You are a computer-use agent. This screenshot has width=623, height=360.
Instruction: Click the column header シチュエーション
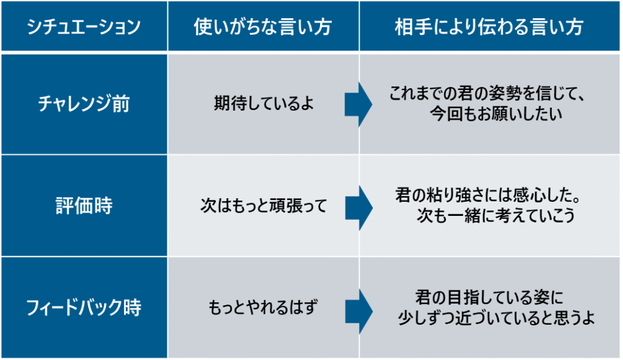tap(84, 27)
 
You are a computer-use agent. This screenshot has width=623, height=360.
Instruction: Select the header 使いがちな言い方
tap(263, 27)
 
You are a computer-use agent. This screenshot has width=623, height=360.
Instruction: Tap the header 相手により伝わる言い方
tap(489, 27)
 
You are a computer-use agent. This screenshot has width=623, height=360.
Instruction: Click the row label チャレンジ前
tap(84, 104)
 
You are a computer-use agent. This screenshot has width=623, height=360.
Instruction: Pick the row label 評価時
tap(84, 206)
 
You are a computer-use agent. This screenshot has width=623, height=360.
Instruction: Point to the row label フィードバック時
tap(84, 307)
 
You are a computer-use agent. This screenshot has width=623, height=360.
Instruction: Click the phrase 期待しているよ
tap(263, 103)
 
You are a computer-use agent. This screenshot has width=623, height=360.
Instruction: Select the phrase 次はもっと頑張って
tap(263, 206)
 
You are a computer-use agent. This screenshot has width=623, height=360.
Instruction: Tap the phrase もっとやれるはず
tap(263, 307)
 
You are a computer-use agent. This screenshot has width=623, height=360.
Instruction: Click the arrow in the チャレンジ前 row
tap(358, 105)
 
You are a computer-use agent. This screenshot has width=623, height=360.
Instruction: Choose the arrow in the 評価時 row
tap(358, 208)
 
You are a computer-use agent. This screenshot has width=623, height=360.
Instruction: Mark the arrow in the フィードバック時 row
tap(358, 311)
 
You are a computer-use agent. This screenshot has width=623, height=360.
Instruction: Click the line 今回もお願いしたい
tap(496, 114)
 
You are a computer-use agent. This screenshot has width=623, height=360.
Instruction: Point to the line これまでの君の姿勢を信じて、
tap(487, 94)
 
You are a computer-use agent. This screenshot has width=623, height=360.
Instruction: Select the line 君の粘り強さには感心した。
tap(488, 195)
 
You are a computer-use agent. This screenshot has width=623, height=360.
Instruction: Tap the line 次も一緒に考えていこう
tap(495, 215)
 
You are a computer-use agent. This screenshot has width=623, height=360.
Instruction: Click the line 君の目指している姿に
tap(489, 297)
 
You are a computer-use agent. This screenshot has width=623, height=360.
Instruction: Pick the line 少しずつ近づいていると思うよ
tap(496, 317)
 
